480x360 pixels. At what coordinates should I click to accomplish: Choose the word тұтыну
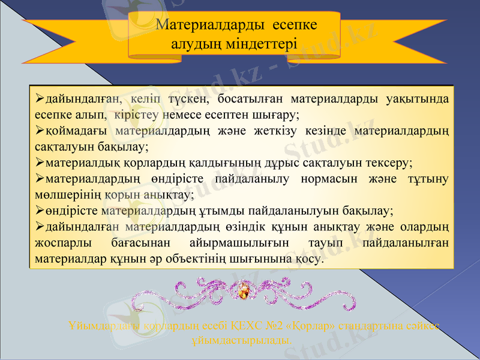click(428, 178)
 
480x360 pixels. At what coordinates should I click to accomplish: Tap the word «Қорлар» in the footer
click(310, 327)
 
